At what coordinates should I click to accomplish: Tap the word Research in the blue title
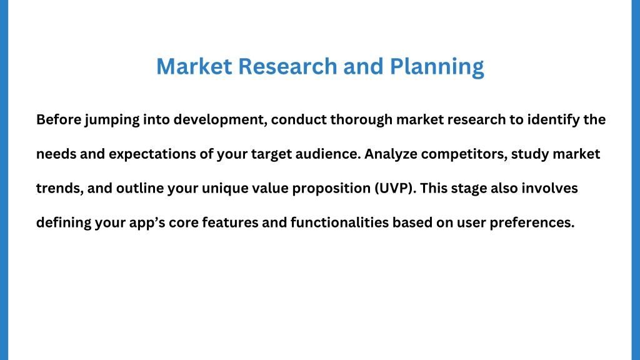click(x=287, y=66)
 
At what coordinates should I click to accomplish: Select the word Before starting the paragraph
click(x=59, y=119)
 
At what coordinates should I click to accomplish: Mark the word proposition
click(x=331, y=189)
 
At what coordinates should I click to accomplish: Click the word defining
click(x=64, y=223)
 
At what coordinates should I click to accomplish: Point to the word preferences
click(x=532, y=223)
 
